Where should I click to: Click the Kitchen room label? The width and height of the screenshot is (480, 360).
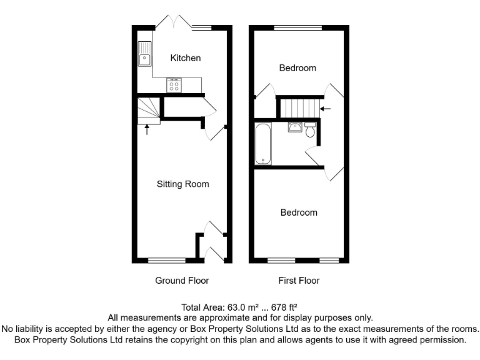tap(186, 58)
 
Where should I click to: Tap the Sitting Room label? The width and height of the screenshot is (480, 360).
tap(182, 184)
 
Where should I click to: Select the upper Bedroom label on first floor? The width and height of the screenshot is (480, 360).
tap(297, 67)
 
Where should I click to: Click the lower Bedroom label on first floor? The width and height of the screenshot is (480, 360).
tap(298, 212)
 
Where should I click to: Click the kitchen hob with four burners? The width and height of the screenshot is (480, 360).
tap(174, 86)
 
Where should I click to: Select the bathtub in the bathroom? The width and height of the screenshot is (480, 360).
tap(262, 144)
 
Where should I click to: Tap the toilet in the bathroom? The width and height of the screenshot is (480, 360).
tap(311, 129)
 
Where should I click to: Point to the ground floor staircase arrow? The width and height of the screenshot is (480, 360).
tap(147, 129)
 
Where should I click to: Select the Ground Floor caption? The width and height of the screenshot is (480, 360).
tap(182, 281)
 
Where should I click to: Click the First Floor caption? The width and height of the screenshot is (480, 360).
tap(299, 281)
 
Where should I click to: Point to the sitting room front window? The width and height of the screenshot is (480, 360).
tap(167, 260)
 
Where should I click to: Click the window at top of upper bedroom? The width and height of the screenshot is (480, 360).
tap(298, 27)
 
